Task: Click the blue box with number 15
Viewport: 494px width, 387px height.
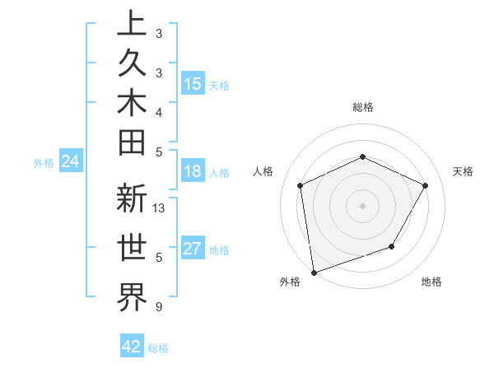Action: [x=193, y=84]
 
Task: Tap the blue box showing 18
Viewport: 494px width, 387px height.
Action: [x=193, y=172]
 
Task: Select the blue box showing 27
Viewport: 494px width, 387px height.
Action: [x=193, y=249]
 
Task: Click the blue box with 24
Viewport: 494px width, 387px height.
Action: [x=71, y=161]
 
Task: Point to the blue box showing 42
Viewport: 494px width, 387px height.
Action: [x=132, y=347]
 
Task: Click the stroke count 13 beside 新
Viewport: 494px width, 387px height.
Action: [x=159, y=207]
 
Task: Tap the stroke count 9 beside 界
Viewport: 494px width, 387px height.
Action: [x=159, y=307]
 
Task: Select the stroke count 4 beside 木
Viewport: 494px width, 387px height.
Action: [x=159, y=111]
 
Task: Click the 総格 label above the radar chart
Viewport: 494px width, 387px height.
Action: [x=362, y=107]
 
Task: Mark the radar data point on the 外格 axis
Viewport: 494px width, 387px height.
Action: [x=314, y=272]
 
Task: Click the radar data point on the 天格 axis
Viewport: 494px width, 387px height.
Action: [x=426, y=185]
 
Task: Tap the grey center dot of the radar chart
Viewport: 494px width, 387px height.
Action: [x=362, y=205]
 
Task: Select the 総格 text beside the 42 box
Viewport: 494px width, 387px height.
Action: [x=158, y=348]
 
